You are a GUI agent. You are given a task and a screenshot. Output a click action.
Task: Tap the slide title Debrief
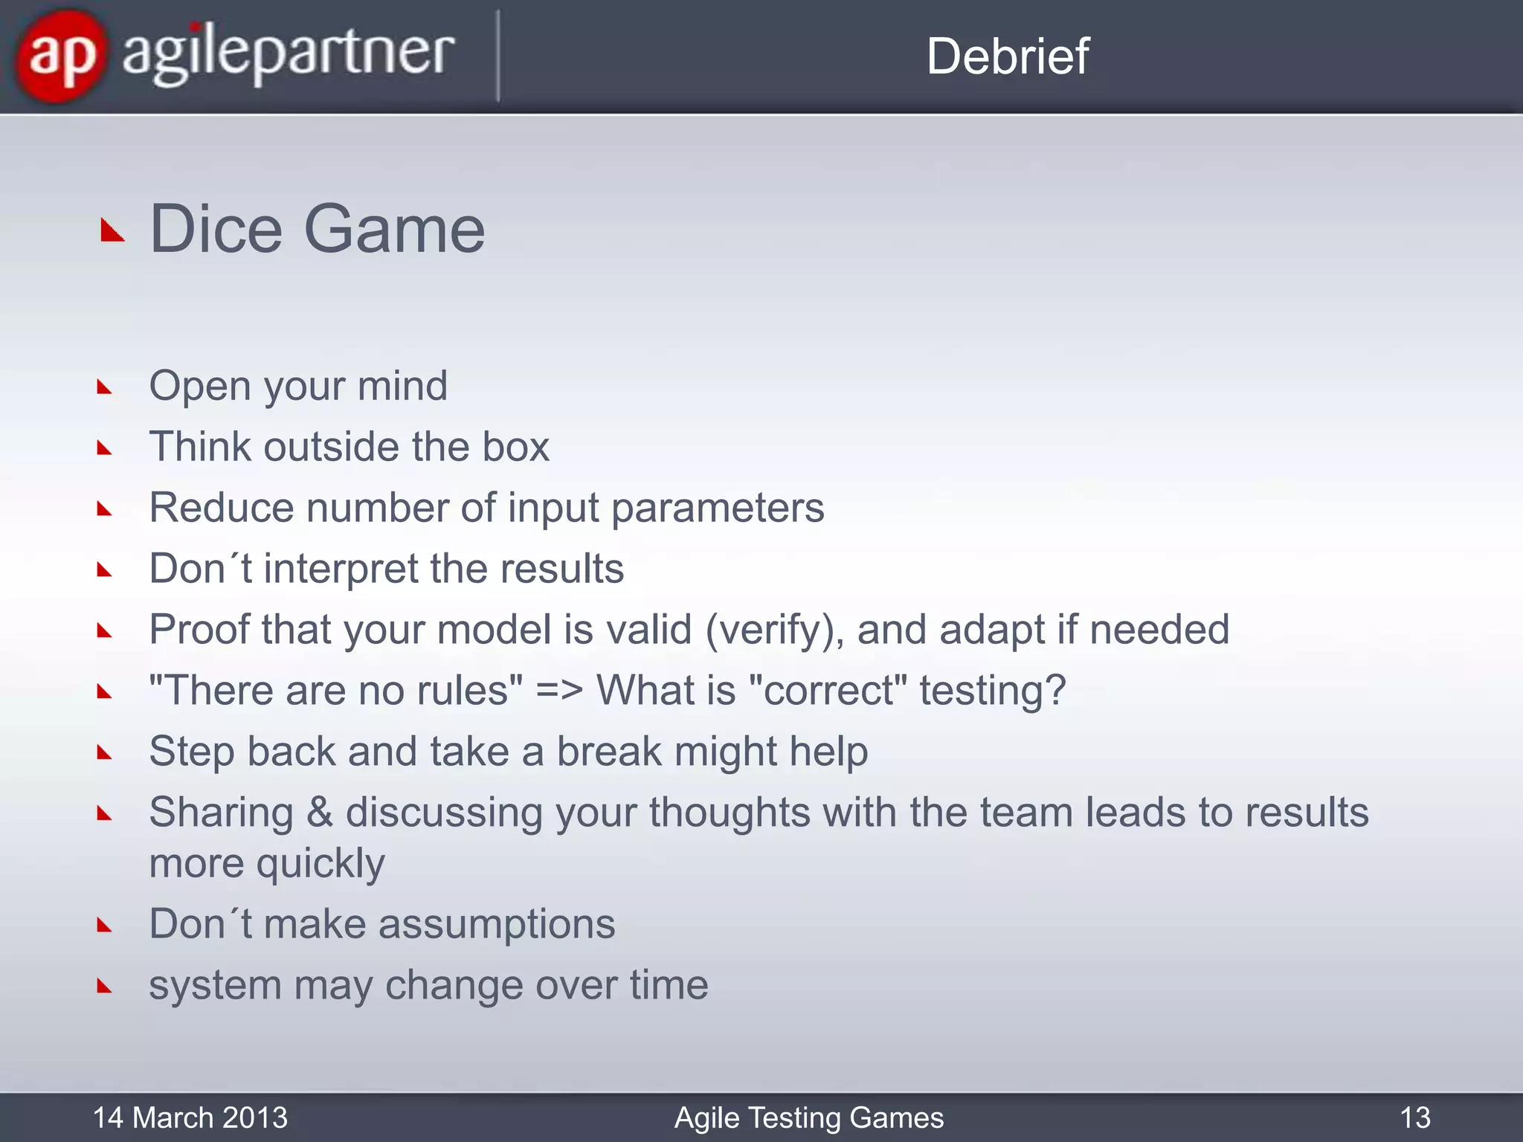point(1007,57)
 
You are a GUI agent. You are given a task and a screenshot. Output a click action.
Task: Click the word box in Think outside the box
point(515,447)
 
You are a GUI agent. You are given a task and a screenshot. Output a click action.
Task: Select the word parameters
point(718,509)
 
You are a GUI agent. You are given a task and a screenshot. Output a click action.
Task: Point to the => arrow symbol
point(559,690)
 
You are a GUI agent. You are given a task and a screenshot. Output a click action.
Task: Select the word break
point(608,752)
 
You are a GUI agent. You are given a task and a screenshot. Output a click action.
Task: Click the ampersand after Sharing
point(319,812)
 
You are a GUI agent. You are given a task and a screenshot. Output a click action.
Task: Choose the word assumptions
point(497,924)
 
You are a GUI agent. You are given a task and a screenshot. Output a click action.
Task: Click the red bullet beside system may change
point(104,987)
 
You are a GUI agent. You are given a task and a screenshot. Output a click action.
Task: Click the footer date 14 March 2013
point(190,1117)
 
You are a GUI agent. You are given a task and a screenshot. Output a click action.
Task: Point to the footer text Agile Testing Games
point(808,1117)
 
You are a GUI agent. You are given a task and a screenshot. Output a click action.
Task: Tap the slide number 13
point(1414,1117)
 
